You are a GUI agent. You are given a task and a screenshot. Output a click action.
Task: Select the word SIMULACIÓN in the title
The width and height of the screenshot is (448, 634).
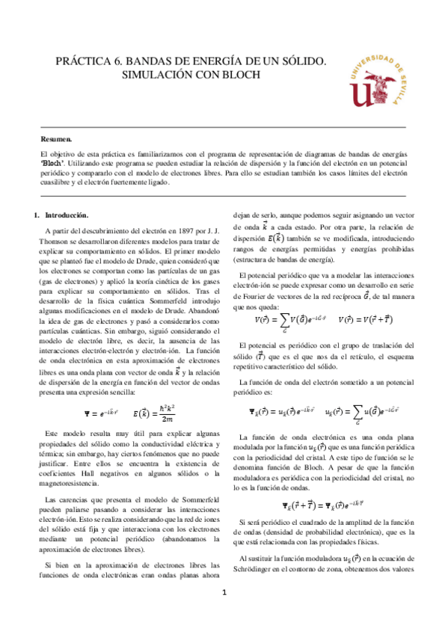156,76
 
